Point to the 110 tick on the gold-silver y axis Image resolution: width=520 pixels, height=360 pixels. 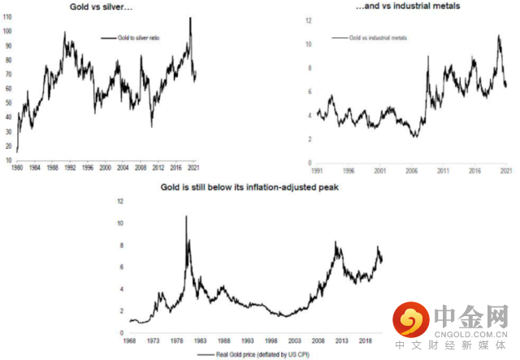tap(7, 17)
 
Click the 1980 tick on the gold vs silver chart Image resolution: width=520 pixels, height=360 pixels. tap(16, 167)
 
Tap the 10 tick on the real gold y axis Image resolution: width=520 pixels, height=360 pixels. tap(121, 223)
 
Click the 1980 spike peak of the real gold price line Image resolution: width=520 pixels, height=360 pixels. tap(186, 216)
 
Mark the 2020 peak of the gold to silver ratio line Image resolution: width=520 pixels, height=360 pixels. tap(190, 18)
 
